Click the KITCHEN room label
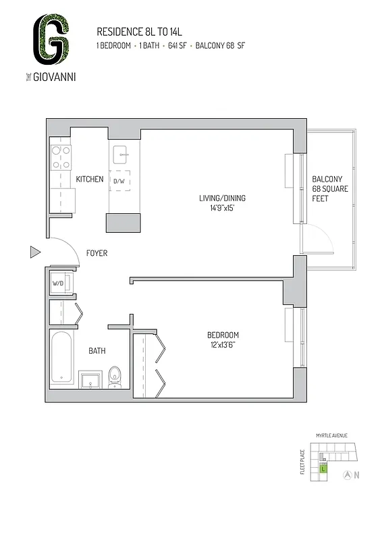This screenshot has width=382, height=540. pos(89,180)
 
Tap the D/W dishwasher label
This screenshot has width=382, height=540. pos(119,182)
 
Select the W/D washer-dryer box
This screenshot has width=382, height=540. pos(58,283)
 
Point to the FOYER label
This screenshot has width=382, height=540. pos(97,253)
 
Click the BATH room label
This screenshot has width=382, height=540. pos(97,351)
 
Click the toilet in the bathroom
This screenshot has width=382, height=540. pos(114,377)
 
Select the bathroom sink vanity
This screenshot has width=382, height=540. pos(89,380)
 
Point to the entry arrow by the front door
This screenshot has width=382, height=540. pos(35,252)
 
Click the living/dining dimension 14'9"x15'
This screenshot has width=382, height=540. pos(222,208)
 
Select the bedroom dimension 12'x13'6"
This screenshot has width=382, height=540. pos(222,345)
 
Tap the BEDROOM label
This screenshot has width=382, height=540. pos(223,335)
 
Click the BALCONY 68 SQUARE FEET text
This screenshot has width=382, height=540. pos(330,189)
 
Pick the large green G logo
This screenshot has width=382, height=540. pos(53,40)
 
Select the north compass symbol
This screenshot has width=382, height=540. pos(347,475)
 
